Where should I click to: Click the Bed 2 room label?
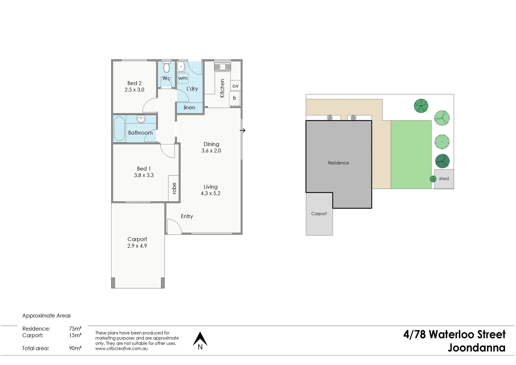tap(134, 83)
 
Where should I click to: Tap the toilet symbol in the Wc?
tap(166, 67)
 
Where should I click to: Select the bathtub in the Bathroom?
tap(119, 128)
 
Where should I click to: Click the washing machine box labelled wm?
tap(183, 78)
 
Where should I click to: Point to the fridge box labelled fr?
tap(235, 98)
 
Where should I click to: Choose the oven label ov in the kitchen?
tap(235, 86)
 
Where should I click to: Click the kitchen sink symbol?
tap(223, 67)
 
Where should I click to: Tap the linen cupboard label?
tap(189, 107)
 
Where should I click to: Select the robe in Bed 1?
tap(174, 188)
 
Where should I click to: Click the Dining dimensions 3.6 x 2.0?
tap(211, 151)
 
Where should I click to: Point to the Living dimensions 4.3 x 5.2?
tap(210, 193)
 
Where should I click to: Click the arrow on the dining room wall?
tap(242, 130)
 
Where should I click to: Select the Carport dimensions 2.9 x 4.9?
tap(137, 246)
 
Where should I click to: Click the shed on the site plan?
tap(444, 179)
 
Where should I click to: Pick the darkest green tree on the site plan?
tap(442, 161)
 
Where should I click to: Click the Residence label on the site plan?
tap(338, 163)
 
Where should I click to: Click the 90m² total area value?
tap(75, 348)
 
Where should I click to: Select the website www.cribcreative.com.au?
tap(122, 348)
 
